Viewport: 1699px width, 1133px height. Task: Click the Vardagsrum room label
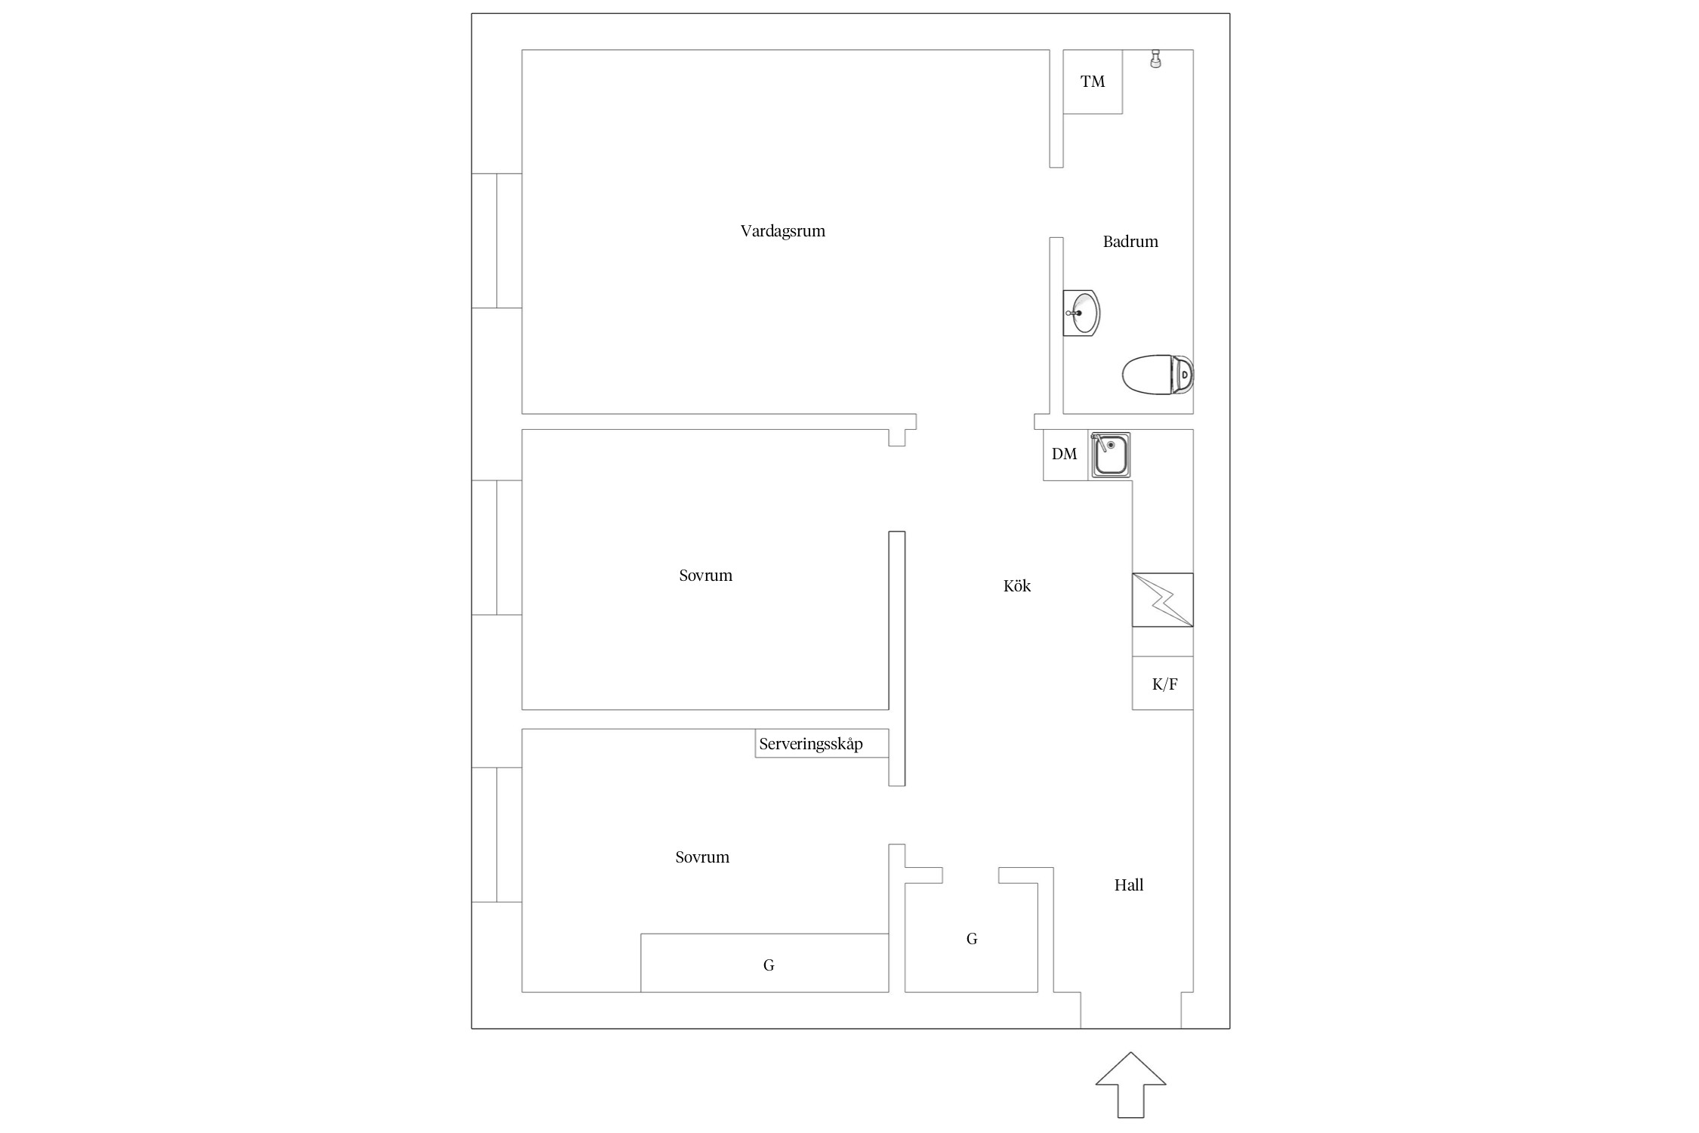click(x=782, y=231)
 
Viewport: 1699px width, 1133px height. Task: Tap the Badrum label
click(x=1130, y=242)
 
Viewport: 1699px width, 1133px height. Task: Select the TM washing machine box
click(x=1093, y=82)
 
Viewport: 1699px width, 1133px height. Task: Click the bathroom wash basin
click(x=1081, y=313)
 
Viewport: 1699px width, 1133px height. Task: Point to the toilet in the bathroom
click(x=1158, y=375)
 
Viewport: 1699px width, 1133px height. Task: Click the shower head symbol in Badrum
click(x=1155, y=59)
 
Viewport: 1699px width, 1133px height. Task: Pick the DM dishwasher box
click(x=1065, y=455)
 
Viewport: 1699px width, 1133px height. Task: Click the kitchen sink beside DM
click(x=1109, y=455)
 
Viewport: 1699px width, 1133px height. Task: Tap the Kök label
click(x=1017, y=586)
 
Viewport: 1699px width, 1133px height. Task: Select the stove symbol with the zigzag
click(x=1163, y=600)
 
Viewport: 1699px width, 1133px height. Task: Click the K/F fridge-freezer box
click(x=1163, y=684)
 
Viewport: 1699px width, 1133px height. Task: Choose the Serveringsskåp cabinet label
click(x=811, y=744)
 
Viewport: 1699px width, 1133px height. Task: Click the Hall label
click(x=1129, y=885)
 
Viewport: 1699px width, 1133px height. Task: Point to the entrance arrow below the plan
click(x=1131, y=1085)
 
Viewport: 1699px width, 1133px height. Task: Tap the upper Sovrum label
click(x=705, y=576)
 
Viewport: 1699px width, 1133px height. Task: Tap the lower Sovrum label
click(x=702, y=857)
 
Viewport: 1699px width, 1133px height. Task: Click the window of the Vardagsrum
click(x=497, y=241)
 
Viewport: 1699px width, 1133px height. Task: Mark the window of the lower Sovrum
click(x=497, y=835)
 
